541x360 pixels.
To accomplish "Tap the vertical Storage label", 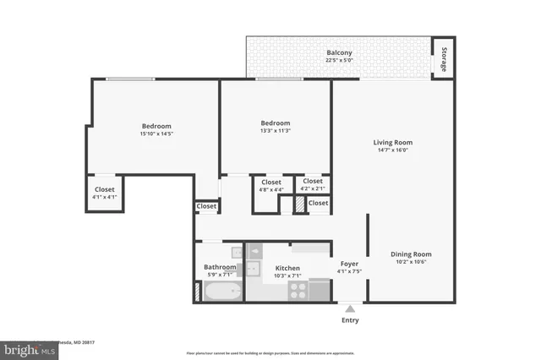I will click(x=444, y=58).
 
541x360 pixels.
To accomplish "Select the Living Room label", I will click(x=392, y=142).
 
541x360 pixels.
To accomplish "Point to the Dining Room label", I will click(x=411, y=254).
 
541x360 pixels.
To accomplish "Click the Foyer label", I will click(x=349, y=264).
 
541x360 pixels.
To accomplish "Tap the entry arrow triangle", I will click(x=349, y=308).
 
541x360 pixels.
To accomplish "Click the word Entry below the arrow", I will click(x=349, y=320).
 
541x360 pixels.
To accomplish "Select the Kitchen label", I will click(x=288, y=267).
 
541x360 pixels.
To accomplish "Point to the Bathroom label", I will click(x=220, y=267).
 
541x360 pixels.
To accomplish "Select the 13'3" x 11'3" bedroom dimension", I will click(x=275, y=131).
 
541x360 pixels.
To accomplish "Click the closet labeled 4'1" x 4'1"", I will click(x=104, y=197).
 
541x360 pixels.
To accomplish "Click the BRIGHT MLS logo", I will click(x=29, y=348).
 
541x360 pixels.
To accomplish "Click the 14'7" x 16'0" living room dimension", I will click(x=392, y=150).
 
